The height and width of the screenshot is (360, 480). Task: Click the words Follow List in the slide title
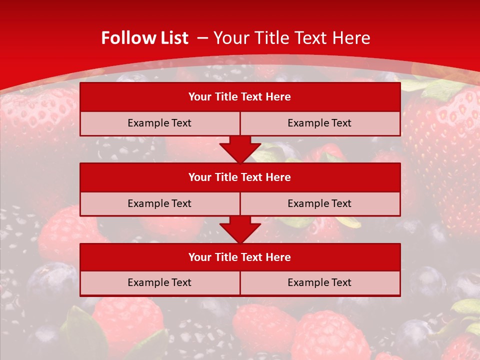click(144, 38)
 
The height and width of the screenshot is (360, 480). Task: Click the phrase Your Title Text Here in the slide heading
click(291, 38)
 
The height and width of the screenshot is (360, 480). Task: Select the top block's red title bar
click(239, 97)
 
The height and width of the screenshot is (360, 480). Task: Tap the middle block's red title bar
click(239, 177)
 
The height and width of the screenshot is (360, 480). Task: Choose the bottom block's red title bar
click(239, 257)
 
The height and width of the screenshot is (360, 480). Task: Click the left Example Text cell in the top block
click(159, 123)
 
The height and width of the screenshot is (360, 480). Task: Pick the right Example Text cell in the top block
click(319, 123)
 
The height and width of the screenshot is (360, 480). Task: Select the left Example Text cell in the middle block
click(159, 203)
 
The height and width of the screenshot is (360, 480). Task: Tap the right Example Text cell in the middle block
click(319, 203)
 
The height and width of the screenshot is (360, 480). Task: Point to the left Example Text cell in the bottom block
click(159, 282)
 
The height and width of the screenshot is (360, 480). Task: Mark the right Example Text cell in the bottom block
click(319, 282)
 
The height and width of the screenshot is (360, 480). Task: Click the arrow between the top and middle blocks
click(240, 149)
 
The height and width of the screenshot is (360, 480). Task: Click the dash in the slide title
click(202, 38)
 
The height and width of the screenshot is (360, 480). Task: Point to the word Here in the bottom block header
click(278, 257)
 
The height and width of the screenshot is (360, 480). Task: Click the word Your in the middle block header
click(199, 177)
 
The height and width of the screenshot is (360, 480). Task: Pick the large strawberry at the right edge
click(445, 150)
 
